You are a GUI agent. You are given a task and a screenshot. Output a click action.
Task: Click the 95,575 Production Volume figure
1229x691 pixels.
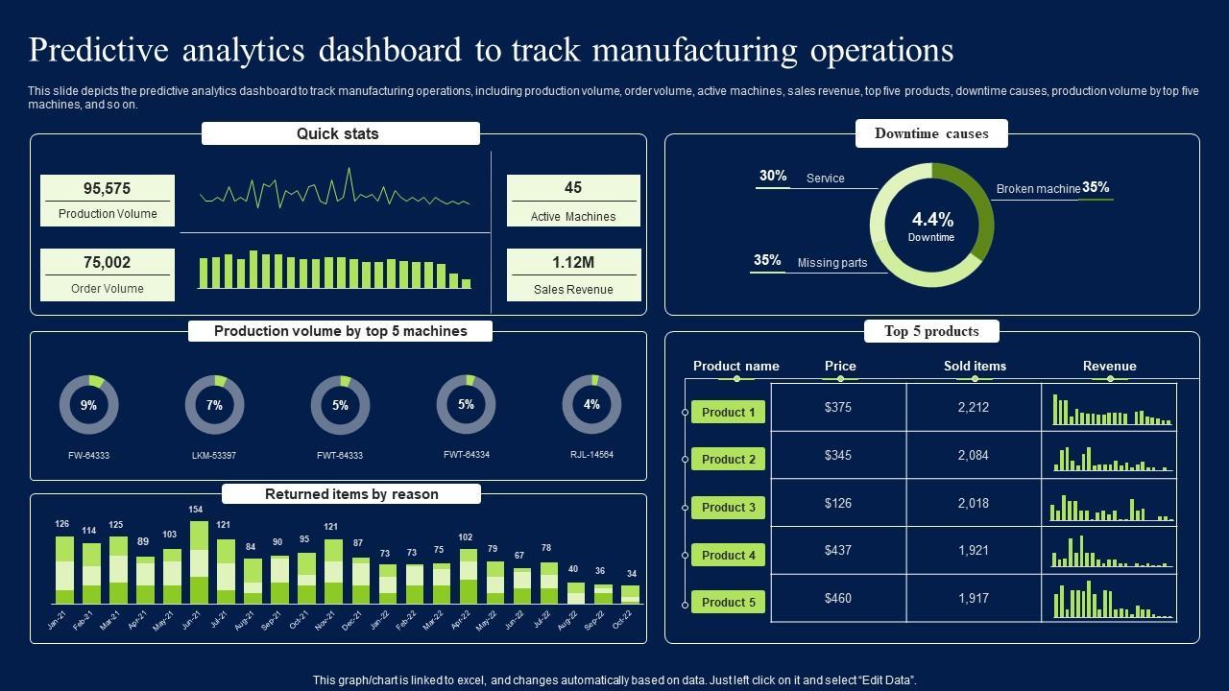107,189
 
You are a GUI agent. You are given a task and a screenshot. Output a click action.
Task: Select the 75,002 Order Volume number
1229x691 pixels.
107,263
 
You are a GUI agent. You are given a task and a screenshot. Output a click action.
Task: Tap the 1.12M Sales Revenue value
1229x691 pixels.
573,262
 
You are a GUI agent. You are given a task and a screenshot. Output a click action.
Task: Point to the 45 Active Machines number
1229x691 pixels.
573,188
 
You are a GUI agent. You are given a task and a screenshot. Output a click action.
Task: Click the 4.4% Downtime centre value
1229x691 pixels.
931,220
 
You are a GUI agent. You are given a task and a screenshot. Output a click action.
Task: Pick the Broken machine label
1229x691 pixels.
1038,189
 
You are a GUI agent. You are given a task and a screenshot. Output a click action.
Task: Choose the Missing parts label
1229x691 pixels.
832,263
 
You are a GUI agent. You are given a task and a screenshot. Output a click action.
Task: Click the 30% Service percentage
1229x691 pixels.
773,176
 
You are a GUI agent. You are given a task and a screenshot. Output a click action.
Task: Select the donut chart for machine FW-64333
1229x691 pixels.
88,405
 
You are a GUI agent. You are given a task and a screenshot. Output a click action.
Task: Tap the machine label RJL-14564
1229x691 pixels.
591,455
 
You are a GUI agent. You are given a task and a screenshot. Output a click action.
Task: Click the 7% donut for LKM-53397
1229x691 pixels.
214,405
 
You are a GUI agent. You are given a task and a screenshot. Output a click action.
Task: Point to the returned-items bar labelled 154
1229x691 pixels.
200,562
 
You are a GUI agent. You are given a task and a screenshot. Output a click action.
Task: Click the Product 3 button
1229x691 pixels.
728,508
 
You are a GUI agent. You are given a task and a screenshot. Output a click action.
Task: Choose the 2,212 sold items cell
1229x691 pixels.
973,407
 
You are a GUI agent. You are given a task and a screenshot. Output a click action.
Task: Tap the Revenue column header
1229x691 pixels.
1109,366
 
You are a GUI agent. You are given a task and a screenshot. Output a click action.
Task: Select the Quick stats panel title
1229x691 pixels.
338,134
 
